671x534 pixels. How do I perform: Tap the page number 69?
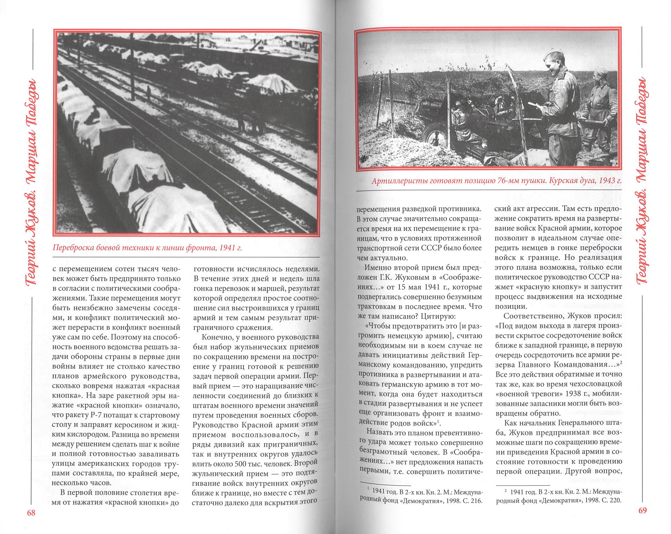point(642,511)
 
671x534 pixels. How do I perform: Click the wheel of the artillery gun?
point(436,137)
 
